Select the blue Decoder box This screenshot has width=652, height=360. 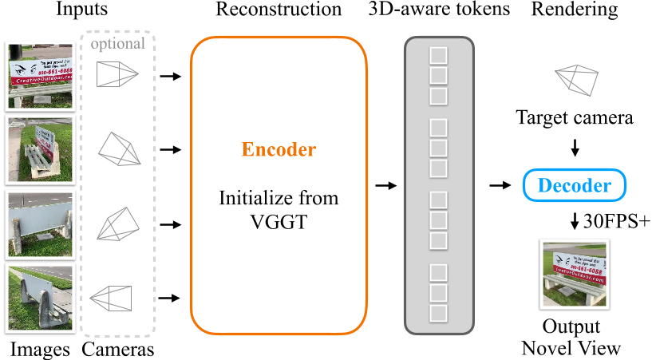click(575, 186)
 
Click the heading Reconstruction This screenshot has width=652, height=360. click(278, 11)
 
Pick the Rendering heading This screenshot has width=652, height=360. click(574, 11)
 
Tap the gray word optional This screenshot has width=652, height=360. click(118, 43)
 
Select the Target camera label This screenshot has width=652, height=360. click(575, 119)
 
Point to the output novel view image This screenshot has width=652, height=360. click(571, 275)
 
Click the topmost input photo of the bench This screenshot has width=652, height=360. click(40, 74)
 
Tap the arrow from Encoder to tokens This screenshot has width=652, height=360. click(385, 186)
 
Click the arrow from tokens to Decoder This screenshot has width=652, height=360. click(500, 186)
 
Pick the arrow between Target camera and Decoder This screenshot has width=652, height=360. click(575, 149)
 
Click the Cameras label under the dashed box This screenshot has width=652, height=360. click(118, 349)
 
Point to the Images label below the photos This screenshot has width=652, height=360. click(40, 349)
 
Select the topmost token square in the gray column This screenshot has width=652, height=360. click(438, 56)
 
